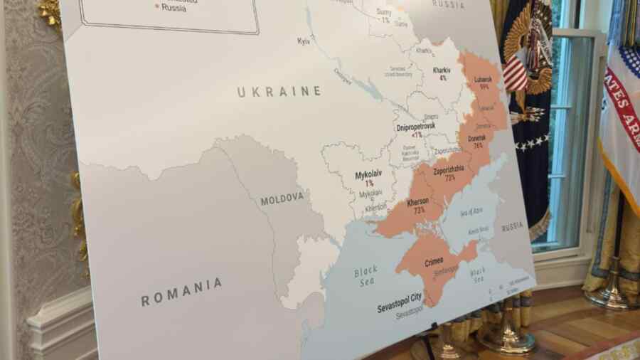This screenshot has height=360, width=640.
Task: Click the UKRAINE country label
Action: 279,92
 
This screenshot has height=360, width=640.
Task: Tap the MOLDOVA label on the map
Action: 282,198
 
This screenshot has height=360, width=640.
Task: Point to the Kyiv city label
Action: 304,41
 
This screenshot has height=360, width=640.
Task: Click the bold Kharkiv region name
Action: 442,70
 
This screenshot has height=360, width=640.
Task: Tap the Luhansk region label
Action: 484,79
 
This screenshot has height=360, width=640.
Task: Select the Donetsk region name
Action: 476,138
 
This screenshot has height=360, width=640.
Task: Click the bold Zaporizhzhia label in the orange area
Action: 449,171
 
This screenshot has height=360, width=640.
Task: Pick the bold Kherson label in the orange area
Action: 417,202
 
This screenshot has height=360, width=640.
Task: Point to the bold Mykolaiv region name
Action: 368,174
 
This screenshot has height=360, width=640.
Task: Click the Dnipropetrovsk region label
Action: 415,127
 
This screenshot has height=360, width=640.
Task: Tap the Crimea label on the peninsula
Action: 434,261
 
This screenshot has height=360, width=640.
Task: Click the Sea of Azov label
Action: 471,211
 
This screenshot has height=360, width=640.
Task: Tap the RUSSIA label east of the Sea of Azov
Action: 512,226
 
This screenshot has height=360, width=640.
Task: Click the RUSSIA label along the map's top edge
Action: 448,4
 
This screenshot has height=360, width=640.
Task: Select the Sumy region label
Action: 384,12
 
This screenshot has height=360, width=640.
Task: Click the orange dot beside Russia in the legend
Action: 156,7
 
